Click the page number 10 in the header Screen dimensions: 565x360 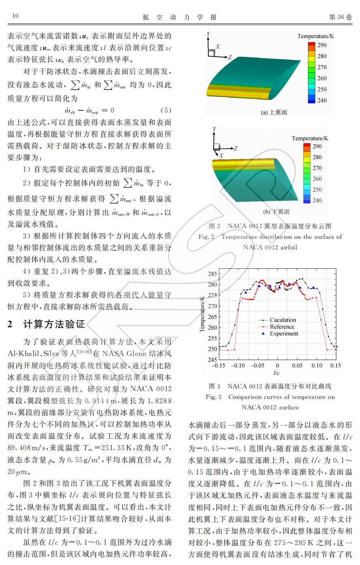(x=15, y=16)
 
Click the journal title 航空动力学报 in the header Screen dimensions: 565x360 (x=180, y=17)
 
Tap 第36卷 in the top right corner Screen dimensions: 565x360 (x=341, y=17)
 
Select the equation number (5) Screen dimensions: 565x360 (x=166, y=110)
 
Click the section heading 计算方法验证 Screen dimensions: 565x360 (x=54, y=325)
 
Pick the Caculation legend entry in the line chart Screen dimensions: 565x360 (x=283, y=320)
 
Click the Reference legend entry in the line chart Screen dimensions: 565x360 (x=282, y=327)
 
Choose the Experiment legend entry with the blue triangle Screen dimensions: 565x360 (x=284, y=334)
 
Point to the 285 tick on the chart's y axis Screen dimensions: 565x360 (x=212, y=274)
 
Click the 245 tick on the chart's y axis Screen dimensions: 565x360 (x=212, y=359)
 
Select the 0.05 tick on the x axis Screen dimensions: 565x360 (x=297, y=366)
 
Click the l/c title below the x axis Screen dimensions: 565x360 (x=277, y=373)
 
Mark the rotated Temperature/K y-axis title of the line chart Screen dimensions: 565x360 (x=202, y=314)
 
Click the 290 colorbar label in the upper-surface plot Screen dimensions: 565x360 (x=322, y=45)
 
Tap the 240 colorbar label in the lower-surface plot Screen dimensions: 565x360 (x=317, y=200)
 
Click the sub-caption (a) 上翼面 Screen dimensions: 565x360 (x=274, y=112)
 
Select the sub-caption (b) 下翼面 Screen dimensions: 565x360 (x=276, y=211)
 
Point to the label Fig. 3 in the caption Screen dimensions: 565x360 (x=214, y=397)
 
